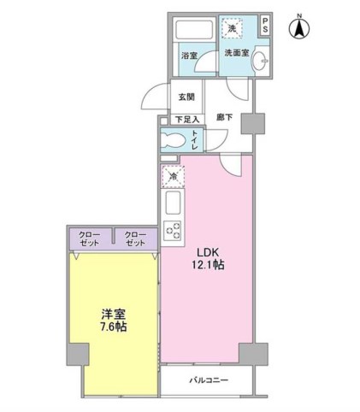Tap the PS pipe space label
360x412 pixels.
tap(265, 26)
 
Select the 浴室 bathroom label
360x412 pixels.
tap(189, 56)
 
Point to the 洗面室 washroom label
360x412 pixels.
tap(237, 53)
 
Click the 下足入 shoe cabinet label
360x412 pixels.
tap(186, 119)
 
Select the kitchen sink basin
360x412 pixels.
tap(171, 205)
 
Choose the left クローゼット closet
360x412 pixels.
tap(89, 238)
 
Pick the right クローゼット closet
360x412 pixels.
tap(134, 238)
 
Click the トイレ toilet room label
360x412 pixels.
tap(195, 139)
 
